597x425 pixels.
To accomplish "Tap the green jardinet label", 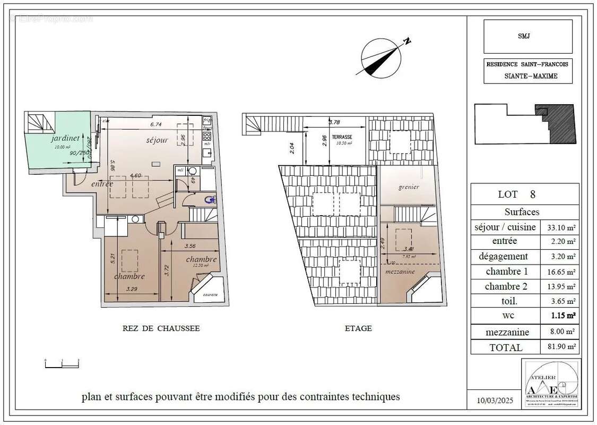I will pos(66,138).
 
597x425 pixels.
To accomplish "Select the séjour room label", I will pos(157,140).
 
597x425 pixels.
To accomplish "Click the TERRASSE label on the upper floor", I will pos(342,137).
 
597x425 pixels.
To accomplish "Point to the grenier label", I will pos(409,187).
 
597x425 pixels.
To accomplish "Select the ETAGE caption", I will pos(358,328).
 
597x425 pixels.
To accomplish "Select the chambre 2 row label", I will pos(505,286).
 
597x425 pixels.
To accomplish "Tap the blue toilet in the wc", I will pos(211,200).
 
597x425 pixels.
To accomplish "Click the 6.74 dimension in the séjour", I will pos(155,124).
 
